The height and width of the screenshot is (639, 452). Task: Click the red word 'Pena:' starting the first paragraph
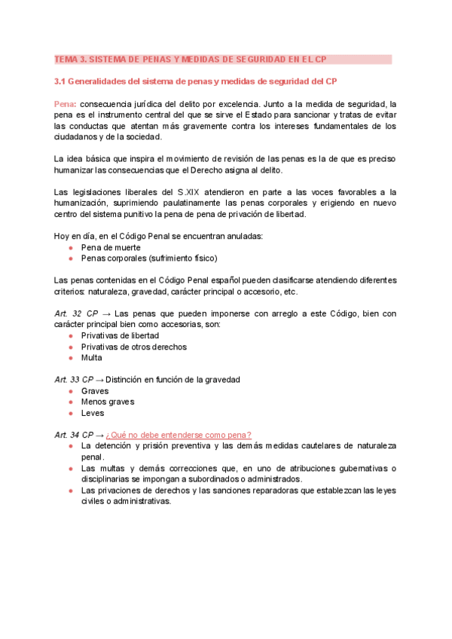(66, 103)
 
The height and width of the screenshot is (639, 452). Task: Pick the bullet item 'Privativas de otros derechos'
(133, 347)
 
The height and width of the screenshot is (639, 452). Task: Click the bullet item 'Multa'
(91, 358)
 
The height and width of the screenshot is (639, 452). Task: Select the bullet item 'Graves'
(95, 391)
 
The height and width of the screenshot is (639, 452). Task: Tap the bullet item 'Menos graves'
(108, 402)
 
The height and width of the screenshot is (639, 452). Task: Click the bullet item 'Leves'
(93, 413)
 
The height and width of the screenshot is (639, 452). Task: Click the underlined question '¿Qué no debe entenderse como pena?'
(179, 435)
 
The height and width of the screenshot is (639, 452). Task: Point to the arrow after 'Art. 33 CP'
(99, 380)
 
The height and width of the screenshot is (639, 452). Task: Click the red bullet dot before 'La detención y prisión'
(70, 446)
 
